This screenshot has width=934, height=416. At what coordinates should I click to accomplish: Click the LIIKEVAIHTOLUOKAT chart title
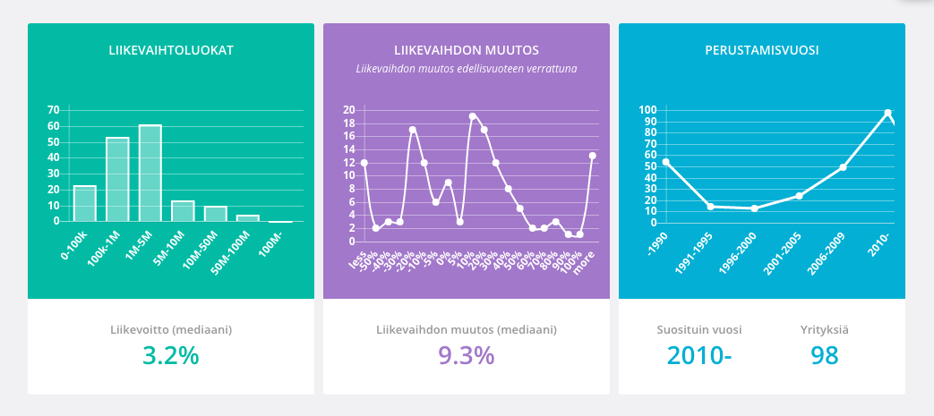[x=170, y=50]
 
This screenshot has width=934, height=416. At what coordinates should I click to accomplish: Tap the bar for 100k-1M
[x=117, y=179]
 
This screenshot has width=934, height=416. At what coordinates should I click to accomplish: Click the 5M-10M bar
[x=183, y=211]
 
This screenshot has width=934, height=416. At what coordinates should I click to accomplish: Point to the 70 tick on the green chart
[x=53, y=110]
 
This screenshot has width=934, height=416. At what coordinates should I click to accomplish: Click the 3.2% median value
[x=170, y=355]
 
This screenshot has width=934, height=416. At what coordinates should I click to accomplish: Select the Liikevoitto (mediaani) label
[x=170, y=329]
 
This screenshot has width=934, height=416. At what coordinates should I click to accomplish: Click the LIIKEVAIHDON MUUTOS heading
[x=466, y=50]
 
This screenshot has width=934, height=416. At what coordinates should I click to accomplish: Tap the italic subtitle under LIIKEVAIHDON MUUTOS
[x=466, y=68]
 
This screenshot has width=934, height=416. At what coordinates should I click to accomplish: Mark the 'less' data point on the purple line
[x=364, y=163]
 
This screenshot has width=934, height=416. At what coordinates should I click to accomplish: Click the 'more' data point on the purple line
[x=593, y=156]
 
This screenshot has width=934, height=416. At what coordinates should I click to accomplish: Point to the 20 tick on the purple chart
[x=349, y=110]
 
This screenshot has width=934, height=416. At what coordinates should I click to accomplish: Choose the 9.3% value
[x=466, y=355]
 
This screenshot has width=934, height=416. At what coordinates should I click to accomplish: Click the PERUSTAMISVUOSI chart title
[x=761, y=50]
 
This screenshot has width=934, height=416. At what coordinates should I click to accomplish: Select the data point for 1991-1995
[x=710, y=207]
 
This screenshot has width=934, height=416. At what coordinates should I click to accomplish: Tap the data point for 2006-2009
[x=843, y=167]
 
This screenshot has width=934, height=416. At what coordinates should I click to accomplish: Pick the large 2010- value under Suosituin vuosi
[x=698, y=355]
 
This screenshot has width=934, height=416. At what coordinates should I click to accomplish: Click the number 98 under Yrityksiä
[x=824, y=355]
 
